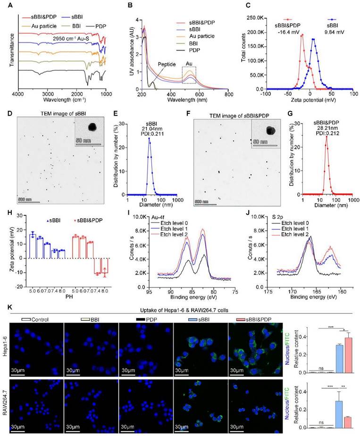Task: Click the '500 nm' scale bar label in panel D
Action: tap(26, 199)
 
